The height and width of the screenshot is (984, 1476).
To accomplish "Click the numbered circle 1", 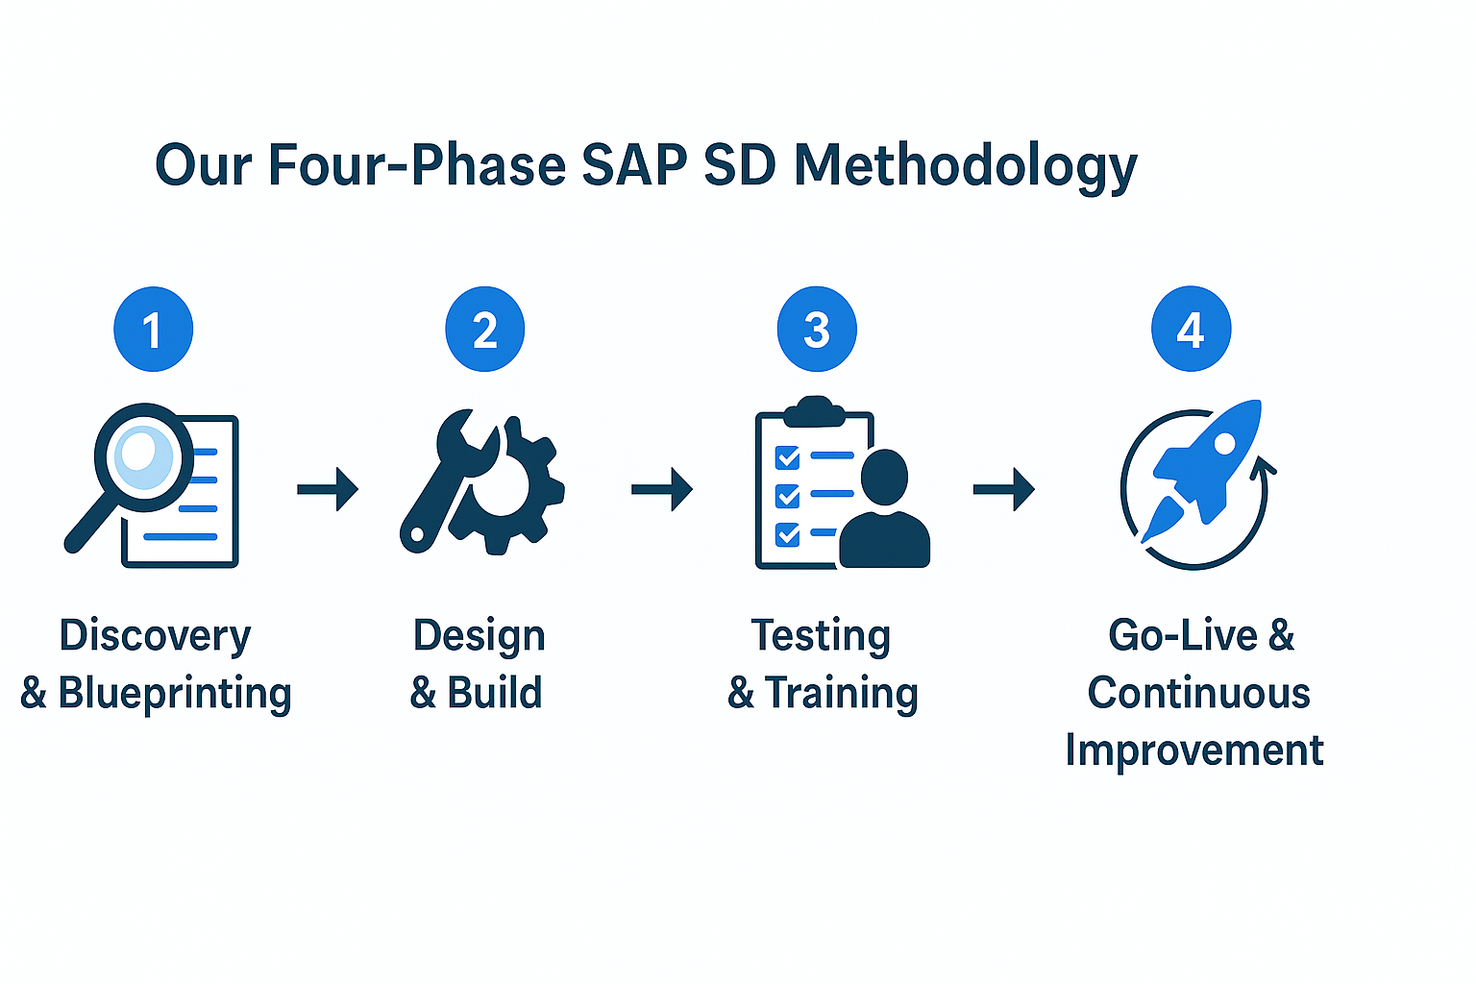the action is click(153, 329).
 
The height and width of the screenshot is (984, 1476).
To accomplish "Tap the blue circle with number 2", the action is click(485, 329).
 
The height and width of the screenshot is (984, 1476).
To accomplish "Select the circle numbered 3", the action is click(817, 329).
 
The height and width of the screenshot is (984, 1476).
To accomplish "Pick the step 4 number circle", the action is click(1191, 329).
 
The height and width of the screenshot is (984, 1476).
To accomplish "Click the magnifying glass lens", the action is click(143, 457).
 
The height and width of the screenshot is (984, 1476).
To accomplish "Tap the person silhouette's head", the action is click(884, 477).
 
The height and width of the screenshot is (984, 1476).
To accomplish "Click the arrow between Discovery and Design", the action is click(328, 489).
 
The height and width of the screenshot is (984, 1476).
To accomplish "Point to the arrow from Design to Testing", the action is click(661, 489).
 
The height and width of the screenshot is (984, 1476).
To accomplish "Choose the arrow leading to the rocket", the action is click(1003, 489).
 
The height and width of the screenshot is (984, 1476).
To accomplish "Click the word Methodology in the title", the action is click(966, 166).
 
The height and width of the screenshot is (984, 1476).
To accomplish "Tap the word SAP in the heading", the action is click(634, 164).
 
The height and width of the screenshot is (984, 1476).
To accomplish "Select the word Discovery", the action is click(155, 637).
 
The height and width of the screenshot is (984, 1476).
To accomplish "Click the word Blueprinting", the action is click(175, 694).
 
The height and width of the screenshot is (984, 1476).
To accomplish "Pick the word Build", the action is click(494, 693).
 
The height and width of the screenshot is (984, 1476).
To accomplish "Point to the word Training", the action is click(842, 694).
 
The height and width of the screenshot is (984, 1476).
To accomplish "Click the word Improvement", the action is click(1194, 751).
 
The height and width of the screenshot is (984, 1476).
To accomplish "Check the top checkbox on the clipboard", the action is click(787, 457).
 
